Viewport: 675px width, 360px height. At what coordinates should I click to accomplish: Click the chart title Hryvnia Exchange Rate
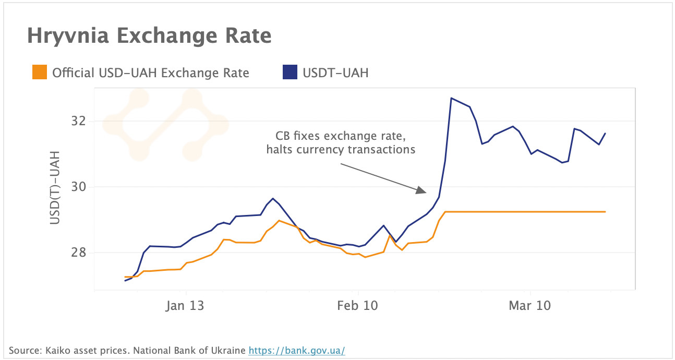[149, 36]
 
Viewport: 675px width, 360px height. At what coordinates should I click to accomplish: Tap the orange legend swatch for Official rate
[40, 73]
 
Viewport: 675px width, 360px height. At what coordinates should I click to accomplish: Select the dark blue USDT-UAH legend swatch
[290, 73]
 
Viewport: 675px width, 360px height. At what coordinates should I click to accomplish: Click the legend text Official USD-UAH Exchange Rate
[150, 73]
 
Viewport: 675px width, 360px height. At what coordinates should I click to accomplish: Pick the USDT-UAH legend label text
[335, 73]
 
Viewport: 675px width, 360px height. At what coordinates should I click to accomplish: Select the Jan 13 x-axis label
[185, 306]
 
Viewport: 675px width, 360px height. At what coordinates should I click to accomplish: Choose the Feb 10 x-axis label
[357, 306]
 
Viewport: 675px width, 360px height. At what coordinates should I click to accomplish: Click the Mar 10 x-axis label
[529, 306]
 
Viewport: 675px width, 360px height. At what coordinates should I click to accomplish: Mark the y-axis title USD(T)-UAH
[55, 188]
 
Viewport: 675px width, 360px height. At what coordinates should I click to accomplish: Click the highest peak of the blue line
[451, 98]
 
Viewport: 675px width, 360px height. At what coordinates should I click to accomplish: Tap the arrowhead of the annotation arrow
[422, 190]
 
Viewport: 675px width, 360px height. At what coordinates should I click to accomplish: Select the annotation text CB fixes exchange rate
[340, 136]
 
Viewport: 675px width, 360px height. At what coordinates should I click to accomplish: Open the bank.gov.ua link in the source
[296, 350]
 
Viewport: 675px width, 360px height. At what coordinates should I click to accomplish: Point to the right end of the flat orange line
[605, 212]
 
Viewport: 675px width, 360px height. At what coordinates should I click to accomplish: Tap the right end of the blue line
[605, 134]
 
